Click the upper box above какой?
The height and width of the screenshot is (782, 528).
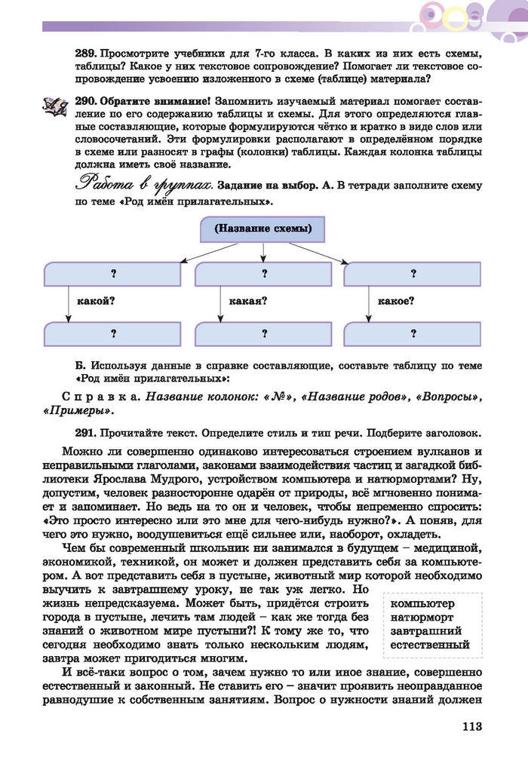point(113,274)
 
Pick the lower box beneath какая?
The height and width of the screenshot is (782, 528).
point(263,333)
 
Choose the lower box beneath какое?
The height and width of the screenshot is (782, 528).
point(413,333)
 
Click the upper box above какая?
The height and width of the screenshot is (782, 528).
point(263,274)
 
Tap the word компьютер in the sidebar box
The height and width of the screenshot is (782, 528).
point(419,604)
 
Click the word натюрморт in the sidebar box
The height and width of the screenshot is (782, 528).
point(419,618)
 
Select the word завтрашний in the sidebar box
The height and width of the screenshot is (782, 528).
point(422,631)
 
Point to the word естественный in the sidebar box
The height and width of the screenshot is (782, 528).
point(426,645)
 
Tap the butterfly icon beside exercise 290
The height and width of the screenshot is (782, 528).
point(54,106)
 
